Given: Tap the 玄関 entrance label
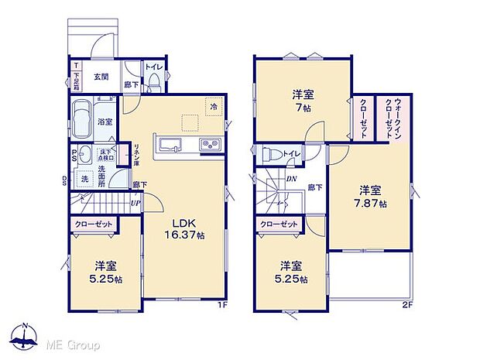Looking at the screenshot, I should (101, 76).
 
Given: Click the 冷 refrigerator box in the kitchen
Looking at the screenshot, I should (212, 107).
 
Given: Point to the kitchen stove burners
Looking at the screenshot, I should (211, 145).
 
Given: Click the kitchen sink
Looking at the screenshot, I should (169, 144).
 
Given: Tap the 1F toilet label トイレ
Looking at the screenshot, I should (153, 67).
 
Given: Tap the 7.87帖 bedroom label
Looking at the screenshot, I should (369, 197).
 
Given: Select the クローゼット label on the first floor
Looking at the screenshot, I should (94, 224).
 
